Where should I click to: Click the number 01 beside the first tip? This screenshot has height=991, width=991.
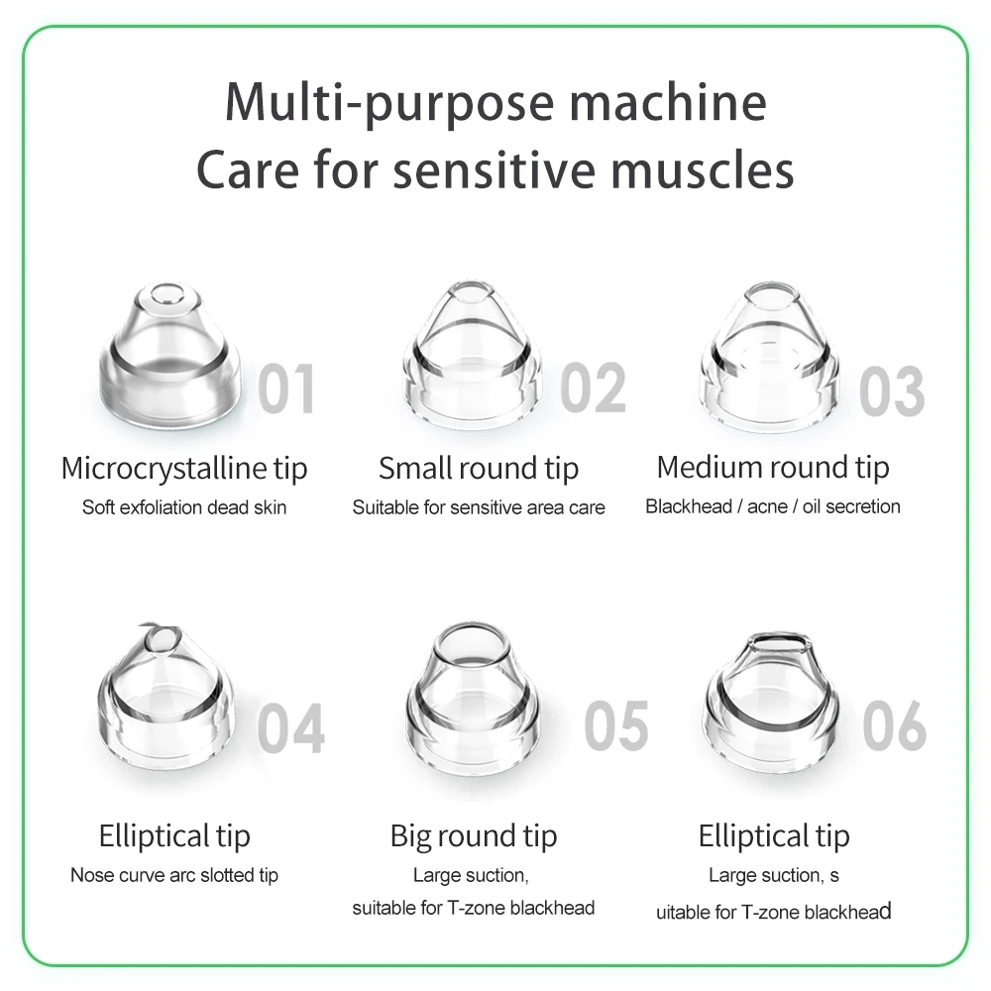pyautogui.click(x=285, y=388)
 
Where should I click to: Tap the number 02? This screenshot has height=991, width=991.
pyautogui.click(x=593, y=388)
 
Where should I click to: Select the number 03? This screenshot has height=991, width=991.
pyautogui.click(x=892, y=391)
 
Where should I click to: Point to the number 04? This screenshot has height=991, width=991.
pyautogui.click(x=290, y=728)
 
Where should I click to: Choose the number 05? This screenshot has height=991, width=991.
pyautogui.click(x=616, y=726)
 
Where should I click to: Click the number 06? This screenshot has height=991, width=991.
pyautogui.click(x=894, y=726)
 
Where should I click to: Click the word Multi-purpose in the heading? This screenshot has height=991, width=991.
pyautogui.click(x=389, y=103)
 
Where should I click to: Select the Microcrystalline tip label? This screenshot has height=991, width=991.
pyautogui.click(x=184, y=470)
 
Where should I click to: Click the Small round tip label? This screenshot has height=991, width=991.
pyautogui.click(x=479, y=470)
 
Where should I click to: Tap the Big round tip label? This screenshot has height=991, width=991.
pyautogui.click(x=474, y=836)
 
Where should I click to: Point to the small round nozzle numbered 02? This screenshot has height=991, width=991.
pyautogui.click(x=472, y=354)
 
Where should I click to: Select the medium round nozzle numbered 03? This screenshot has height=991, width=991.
pyautogui.click(x=770, y=355)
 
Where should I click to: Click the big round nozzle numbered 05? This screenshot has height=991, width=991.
pyautogui.click(x=473, y=696)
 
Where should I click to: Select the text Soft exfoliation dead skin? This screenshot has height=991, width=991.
pyautogui.click(x=184, y=507)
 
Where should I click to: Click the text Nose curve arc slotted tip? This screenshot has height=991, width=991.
pyautogui.click(x=174, y=875)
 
